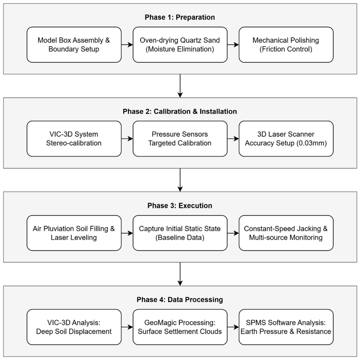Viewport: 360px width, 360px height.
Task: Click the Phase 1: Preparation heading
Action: [180, 17]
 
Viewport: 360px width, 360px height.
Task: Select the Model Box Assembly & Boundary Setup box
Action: [74, 44]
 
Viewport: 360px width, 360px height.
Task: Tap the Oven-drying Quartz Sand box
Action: [180, 44]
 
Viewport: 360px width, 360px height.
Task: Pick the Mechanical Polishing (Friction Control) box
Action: [286, 44]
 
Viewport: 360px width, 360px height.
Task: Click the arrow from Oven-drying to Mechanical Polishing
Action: [233, 44]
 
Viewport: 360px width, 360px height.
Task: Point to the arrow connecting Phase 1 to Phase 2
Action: [180, 86]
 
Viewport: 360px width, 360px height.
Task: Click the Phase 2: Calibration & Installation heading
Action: [180, 111]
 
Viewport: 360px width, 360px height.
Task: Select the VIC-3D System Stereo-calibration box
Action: [74, 139]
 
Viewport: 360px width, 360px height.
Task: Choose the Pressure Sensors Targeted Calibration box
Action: [180, 139]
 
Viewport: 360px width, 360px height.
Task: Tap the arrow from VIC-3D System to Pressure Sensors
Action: [127, 139]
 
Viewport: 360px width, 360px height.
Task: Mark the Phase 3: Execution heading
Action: [180, 206]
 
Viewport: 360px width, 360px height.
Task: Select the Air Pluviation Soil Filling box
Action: [74, 233]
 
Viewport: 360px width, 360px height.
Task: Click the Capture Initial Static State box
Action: [180, 233]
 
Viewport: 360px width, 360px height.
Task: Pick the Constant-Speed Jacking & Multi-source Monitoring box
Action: [286, 233]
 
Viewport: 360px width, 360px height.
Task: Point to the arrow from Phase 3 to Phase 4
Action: [180, 274]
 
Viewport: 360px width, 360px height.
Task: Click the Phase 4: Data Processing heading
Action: [180, 300]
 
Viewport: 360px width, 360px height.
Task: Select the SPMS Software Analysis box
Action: [286, 327]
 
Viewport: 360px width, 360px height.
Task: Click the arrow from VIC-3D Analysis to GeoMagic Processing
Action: [127, 327]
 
